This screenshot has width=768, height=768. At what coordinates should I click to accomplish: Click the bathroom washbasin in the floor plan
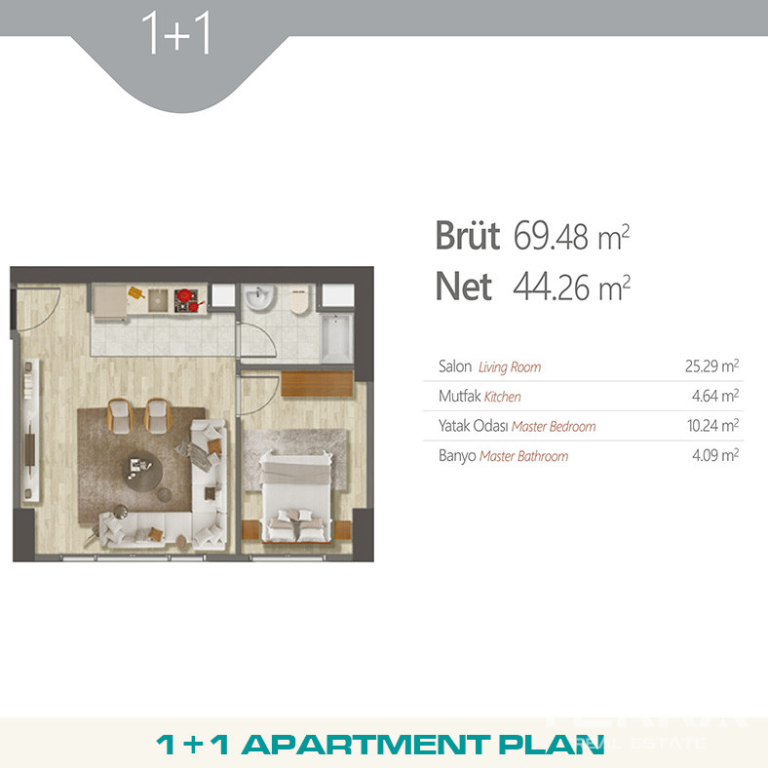[x=258, y=297]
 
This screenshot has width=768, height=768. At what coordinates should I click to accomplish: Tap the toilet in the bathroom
[x=299, y=300]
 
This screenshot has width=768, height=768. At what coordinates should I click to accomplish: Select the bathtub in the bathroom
[x=336, y=337]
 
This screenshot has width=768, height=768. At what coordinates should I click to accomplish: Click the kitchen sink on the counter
[x=158, y=300]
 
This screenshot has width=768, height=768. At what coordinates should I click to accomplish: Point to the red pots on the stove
[x=188, y=299]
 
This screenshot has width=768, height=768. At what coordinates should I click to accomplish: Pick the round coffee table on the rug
[x=142, y=471]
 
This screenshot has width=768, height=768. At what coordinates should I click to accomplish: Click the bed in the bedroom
[x=295, y=497]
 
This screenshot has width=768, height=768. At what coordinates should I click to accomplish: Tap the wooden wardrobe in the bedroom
[x=317, y=383]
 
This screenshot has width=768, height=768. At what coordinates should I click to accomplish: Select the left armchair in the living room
[x=120, y=416]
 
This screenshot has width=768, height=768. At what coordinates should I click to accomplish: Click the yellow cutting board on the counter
[x=136, y=293]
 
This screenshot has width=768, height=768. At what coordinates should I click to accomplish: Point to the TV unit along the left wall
[x=30, y=431]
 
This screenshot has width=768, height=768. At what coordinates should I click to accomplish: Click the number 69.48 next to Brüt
[x=551, y=236]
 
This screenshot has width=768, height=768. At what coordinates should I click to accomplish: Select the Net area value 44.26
[x=551, y=287]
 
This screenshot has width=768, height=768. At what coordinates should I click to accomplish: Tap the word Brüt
[x=468, y=236]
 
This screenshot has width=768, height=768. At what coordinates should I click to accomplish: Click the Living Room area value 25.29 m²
[x=711, y=365]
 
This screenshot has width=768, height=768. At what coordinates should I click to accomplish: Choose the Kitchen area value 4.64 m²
[x=715, y=396]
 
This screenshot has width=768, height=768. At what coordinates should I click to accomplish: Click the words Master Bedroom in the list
[x=554, y=427]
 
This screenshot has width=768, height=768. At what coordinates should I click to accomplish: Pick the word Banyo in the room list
[x=457, y=456]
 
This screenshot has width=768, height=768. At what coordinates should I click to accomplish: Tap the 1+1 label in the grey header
[x=176, y=33]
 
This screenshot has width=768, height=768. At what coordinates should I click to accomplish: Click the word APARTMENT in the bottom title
[x=365, y=745]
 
